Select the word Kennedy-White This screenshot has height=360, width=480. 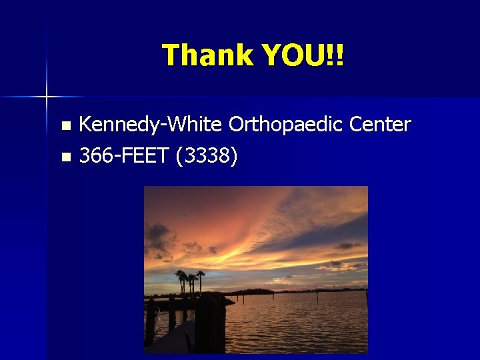tap(151, 125)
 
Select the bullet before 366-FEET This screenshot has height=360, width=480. tap(65, 158)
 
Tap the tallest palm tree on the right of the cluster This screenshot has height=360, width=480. tap(200, 280)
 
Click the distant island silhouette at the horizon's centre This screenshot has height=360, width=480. tap(253, 291)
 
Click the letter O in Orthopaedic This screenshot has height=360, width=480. tap(236, 125)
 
